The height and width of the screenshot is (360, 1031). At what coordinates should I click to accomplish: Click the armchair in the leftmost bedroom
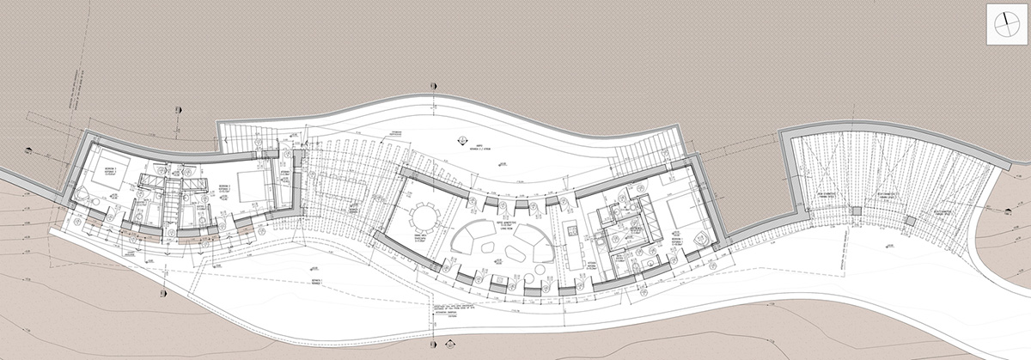pos(80,194)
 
